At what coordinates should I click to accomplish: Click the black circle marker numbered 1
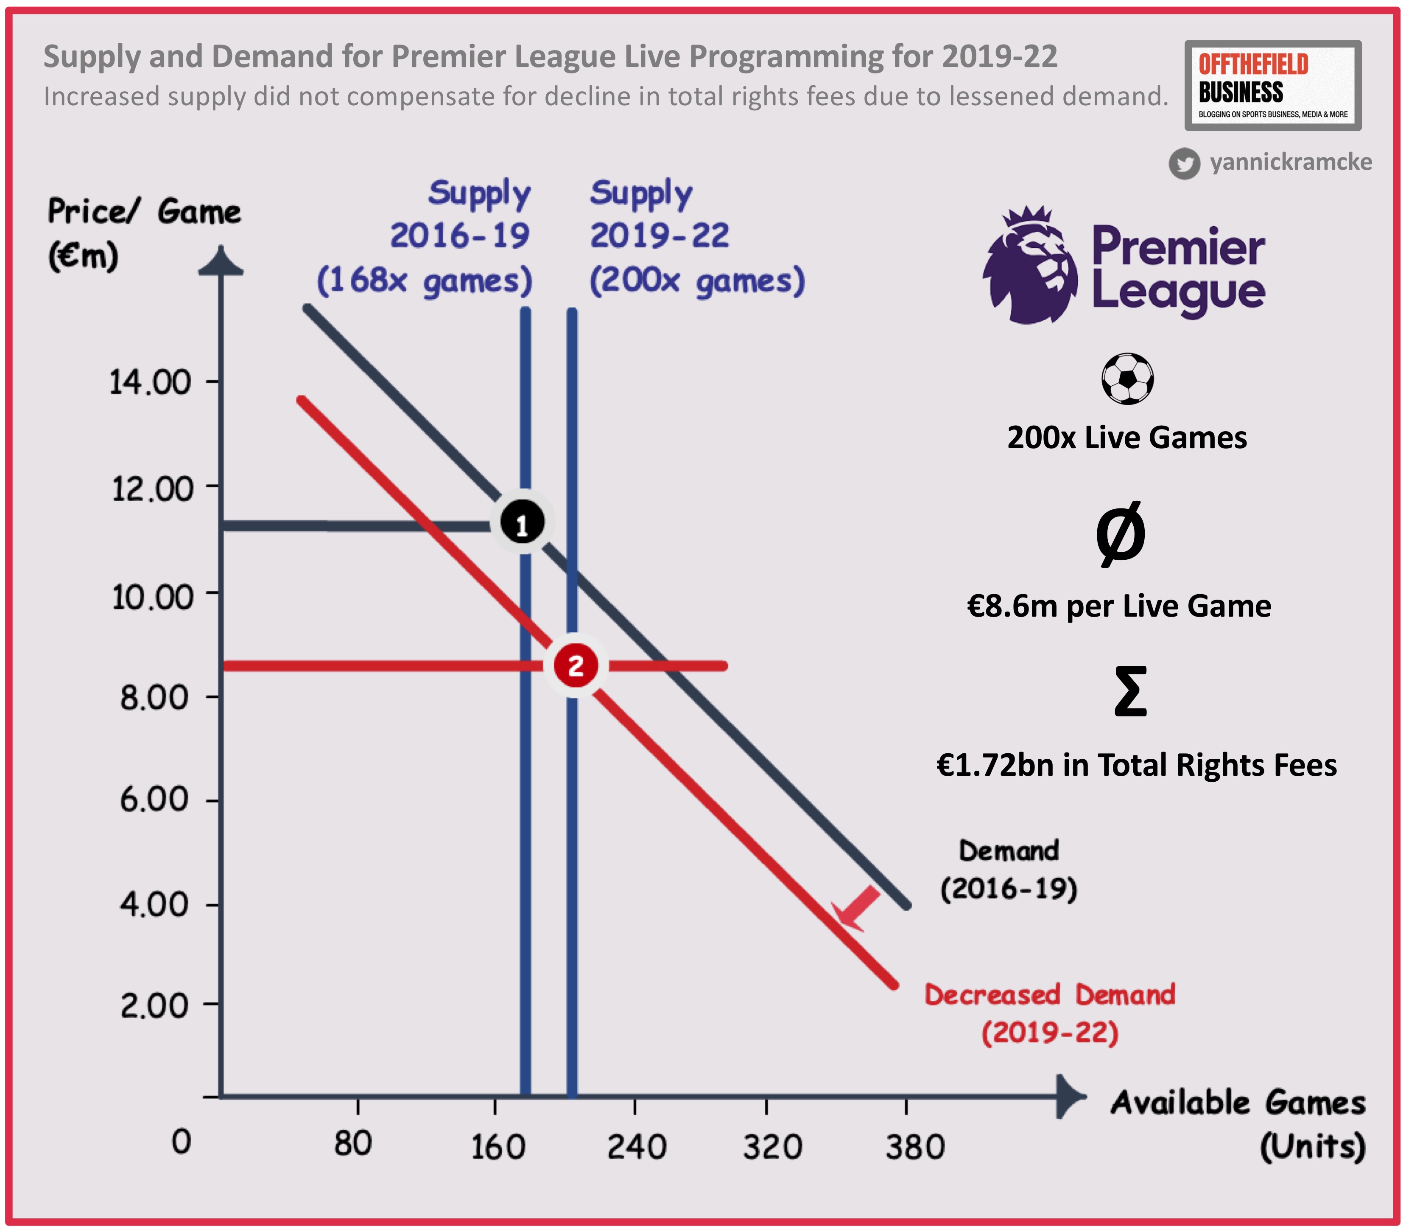(522, 523)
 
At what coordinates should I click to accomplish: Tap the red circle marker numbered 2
(575, 665)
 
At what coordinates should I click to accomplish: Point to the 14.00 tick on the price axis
(151, 382)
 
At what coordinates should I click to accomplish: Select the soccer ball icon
(1127, 379)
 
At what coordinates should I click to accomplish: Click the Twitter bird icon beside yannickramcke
(1184, 164)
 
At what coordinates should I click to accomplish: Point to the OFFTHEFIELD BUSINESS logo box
(1273, 86)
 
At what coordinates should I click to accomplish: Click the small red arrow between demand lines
(856, 907)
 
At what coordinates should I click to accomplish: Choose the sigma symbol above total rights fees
(1130, 692)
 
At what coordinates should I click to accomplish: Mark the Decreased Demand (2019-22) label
(1049, 1014)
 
